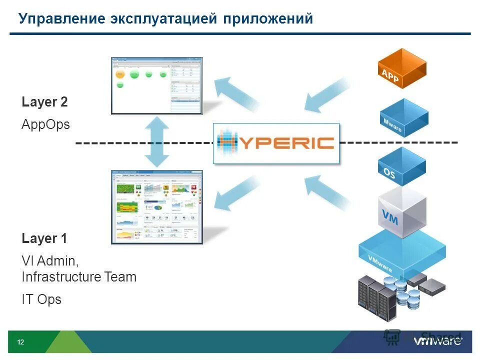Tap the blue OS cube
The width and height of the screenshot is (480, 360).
click(x=401, y=168)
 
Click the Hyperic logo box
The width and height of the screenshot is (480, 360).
click(x=276, y=143)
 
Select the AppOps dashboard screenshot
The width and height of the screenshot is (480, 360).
click(x=156, y=85)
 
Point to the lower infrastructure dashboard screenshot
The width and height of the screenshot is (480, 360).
click(x=156, y=206)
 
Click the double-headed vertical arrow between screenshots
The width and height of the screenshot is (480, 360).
click(x=157, y=142)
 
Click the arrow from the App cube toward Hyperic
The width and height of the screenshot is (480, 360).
click(x=327, y=94)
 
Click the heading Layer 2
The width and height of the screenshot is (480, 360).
click(x=44, y=102)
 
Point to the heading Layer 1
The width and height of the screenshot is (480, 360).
click(x=44, y=239)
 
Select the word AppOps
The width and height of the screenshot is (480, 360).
click(x=45, y=124)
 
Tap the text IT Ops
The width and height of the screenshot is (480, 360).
click(x=41, y=299)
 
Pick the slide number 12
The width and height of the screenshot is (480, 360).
click(x=20, y=342)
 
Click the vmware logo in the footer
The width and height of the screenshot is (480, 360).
click(x=438, y=341)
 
